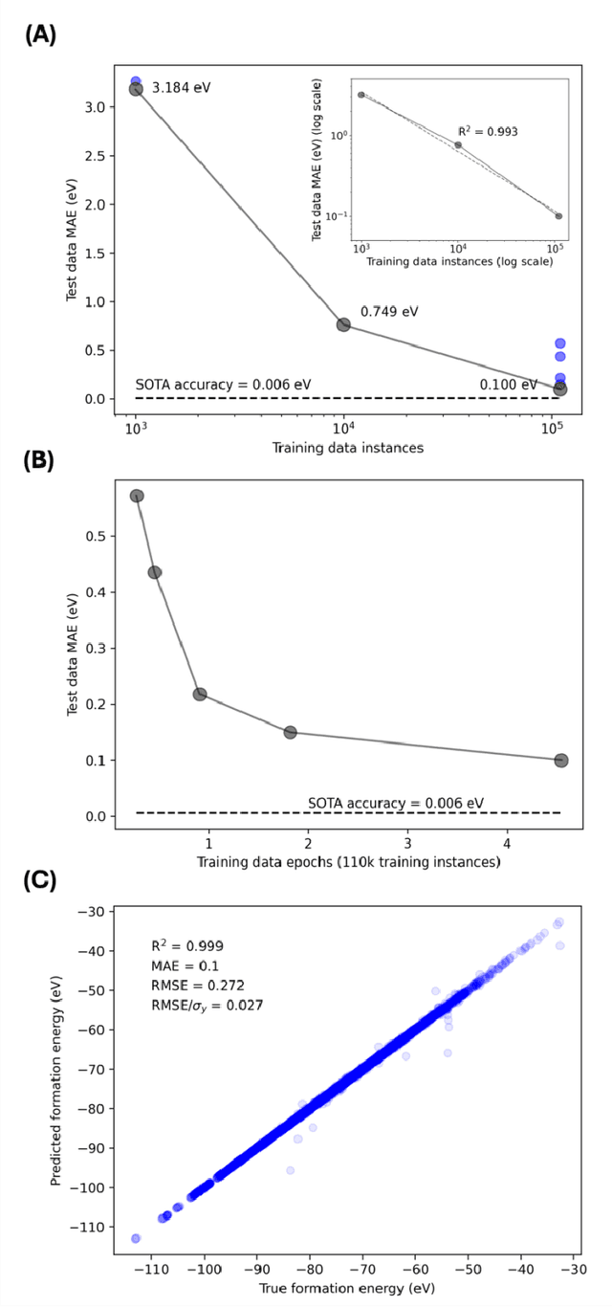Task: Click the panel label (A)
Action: pos(41,35)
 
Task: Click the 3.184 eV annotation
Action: pos(182,88)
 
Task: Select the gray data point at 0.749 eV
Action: pos(343,324)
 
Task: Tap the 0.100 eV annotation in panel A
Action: pos(509,385)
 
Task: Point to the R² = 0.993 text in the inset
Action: pos(487,131)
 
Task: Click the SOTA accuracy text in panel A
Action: pos(223,385)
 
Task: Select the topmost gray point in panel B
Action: pos(137,496)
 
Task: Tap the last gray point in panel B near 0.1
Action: pos(560,761)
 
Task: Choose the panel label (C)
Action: pos(41,880)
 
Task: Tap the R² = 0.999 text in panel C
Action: pos(188,946)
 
